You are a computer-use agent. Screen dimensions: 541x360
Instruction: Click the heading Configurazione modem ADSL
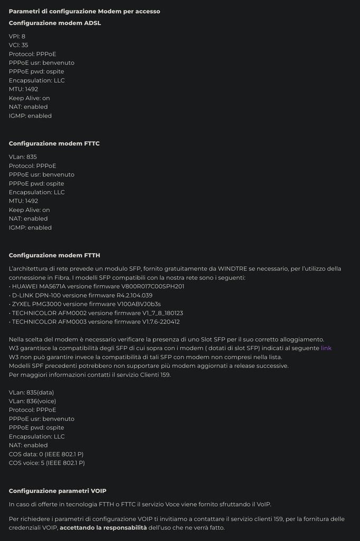coord(55,23)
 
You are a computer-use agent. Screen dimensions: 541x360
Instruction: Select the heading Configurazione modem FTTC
coord(54,144)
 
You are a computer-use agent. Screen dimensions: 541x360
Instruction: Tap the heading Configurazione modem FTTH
coord(54,255)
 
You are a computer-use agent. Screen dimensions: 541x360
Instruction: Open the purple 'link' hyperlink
coord(326,348)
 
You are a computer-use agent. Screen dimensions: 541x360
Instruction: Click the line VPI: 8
coord(17,36)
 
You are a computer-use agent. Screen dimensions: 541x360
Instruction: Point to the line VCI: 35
coord(18,45)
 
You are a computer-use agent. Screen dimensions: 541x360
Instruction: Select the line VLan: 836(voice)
coord(32,401)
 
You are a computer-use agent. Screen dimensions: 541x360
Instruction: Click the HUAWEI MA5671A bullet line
coord(97,286)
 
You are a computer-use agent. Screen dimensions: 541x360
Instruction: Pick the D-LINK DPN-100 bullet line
coord(81,295)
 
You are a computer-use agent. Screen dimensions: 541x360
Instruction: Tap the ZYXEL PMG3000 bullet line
coord(85,304)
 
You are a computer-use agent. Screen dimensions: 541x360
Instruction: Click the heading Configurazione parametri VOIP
coord(58,491)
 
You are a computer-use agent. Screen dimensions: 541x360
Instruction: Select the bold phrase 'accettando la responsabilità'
coord(103,528)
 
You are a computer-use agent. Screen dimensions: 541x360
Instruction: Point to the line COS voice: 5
coord(47,463)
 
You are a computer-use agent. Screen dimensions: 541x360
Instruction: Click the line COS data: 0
coord(46,454)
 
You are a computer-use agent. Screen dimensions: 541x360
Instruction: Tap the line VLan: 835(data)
coord(32,392)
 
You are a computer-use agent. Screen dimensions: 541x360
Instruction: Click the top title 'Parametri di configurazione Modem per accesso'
coord(84,11)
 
